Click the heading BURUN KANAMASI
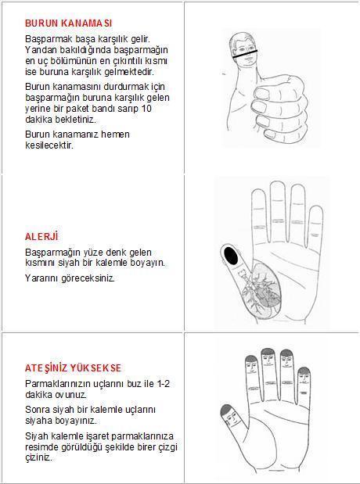69,23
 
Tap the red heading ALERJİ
41,237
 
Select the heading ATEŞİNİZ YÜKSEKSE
74,368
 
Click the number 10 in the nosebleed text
146,109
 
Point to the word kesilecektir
49,145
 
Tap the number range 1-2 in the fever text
163,384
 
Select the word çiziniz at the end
38,457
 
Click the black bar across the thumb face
245,54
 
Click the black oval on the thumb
231,256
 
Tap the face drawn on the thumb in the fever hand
231,420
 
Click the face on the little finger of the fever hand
304,379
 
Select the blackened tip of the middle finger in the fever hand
268,351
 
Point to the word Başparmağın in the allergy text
53,253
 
